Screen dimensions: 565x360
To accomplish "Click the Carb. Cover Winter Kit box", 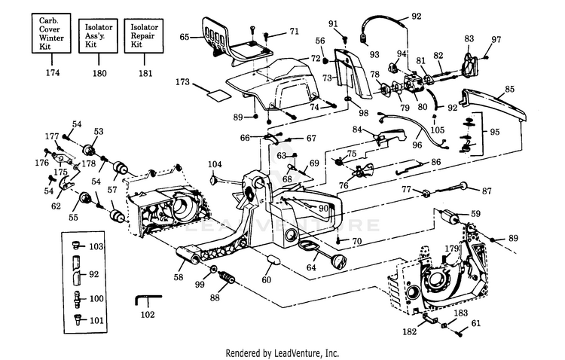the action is (51, 33).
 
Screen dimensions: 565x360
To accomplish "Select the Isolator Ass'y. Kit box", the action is (99, 36).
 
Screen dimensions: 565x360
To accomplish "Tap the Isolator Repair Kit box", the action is (144, 36).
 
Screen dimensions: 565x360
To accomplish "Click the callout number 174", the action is (53, 73).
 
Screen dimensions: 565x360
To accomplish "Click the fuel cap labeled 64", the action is (340, 260).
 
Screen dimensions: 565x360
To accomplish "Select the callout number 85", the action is (509, 89).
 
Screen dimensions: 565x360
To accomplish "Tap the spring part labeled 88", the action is (227, 277).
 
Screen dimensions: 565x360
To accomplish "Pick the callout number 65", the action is (184, 37).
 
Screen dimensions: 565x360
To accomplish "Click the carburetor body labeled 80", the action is (413, 84).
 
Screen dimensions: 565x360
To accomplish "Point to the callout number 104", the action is (215, 164).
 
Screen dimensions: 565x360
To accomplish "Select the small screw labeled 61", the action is (460, 334).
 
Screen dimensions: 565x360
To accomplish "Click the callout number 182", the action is (409, 331).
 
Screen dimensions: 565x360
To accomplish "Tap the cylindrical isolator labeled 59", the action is (449, 216).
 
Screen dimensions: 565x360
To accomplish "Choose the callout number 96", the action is (417, 145).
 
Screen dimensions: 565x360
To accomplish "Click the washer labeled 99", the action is (213, 269).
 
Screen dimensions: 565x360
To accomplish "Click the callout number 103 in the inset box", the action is (96, 246).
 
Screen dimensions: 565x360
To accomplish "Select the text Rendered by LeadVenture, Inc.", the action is (282, 352).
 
